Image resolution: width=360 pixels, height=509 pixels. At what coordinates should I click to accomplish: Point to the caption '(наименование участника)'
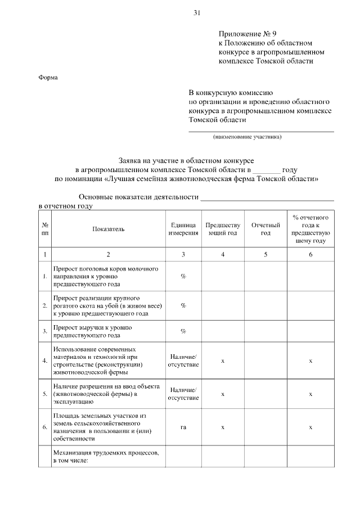tap(247, 137)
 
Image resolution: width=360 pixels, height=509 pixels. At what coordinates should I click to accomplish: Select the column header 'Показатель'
tap(109, 229)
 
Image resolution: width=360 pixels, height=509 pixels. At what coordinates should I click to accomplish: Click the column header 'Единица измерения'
tap(183, 229)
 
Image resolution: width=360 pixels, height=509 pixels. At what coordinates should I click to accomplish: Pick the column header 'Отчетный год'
tap(265, 229)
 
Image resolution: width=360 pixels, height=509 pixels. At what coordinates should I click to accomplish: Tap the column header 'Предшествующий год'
tap(223, 229)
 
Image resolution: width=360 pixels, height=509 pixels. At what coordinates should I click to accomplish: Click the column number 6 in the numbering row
tap(310, 255)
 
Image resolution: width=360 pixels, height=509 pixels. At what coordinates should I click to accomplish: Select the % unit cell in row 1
tap(183, 276)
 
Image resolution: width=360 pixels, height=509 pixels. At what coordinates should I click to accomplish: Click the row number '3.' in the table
tap(44, 331)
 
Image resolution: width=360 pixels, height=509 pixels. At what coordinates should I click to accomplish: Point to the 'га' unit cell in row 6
tap(183, 427)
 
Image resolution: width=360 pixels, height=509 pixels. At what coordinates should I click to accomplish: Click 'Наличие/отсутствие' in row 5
tap(183, 394)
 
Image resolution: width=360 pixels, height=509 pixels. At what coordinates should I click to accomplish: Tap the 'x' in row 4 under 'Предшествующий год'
tap(223, 361)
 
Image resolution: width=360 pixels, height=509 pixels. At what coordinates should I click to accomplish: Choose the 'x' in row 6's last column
tap(310, 427)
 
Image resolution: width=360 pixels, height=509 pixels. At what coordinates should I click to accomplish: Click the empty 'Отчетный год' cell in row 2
tap(265, 305)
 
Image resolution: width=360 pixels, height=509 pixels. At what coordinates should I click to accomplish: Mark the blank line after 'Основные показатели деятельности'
tap(268, 198)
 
